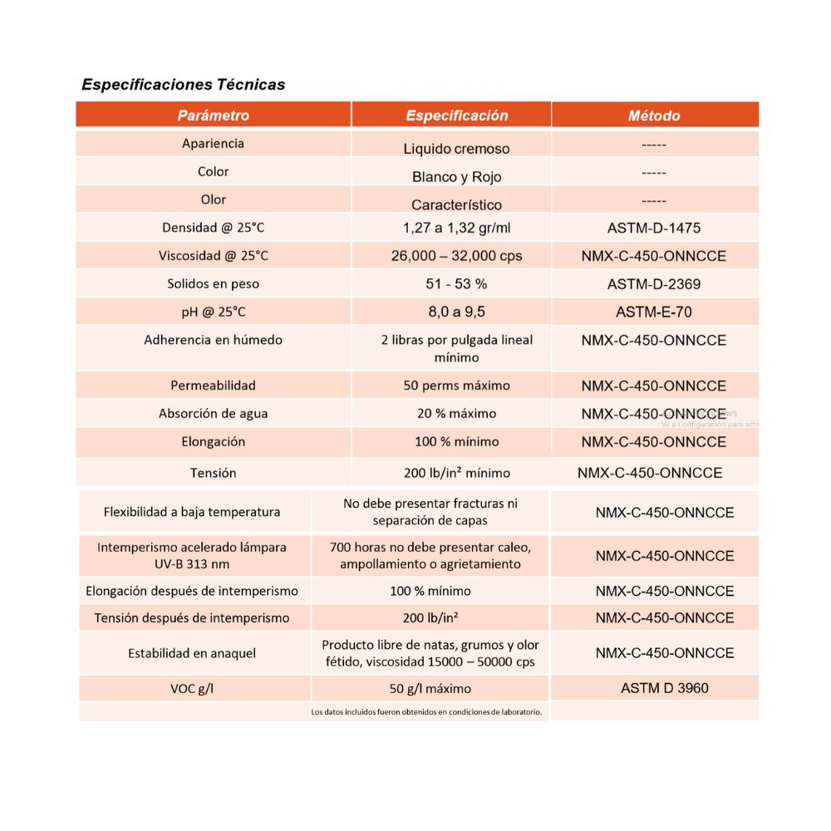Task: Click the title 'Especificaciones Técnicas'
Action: click(x=183, y=85)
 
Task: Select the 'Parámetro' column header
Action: click(x=213, y=116)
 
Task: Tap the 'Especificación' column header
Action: click(x=456, y=116)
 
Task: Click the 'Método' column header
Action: click(x=654, y=116)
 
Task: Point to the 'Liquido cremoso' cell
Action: click(x=456, y=149)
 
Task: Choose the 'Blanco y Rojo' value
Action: click(x=456, y=177)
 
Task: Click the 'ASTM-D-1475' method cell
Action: click(x=654, y=228)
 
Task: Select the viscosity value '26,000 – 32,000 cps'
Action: click(x=456, y=256)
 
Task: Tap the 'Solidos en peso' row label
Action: click(x=213, y=284)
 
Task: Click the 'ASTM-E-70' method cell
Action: click(x=654, y=312)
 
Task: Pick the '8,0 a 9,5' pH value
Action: click(x=456, y=312)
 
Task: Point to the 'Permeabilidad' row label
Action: click(x=213, y=386)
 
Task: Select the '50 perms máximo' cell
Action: click(x=456, y=386)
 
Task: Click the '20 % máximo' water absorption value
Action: click(x=456, y=414)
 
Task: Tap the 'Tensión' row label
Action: click(x=213, y=473)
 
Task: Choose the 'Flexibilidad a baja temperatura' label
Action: click(x=192, y=512)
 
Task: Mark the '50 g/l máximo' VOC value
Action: click(x=430, y=689)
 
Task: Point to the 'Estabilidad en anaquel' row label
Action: click(x=192, y=653)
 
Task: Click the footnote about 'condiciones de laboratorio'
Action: click(x=425, y=712)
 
